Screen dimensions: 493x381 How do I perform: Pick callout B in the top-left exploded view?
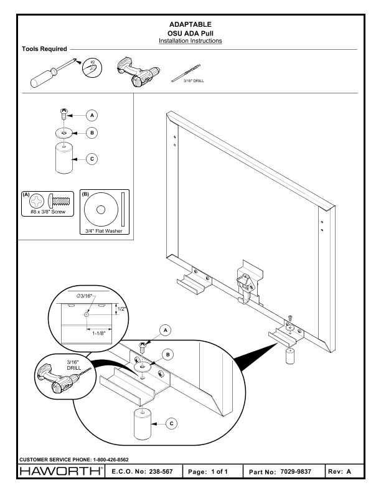tap(92, 133)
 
